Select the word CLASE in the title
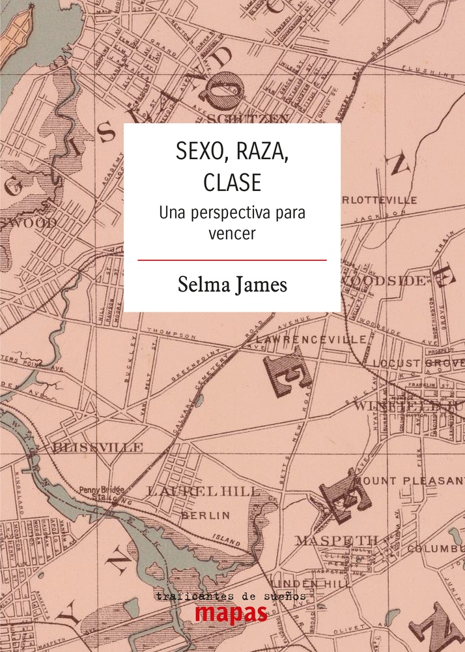[232, 183]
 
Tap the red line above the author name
[232, 259]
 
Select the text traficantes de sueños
[231, 596]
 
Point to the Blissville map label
[98, 447]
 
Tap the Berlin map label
[205, 515]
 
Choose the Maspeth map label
[337, 540]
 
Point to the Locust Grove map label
[417, 363]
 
